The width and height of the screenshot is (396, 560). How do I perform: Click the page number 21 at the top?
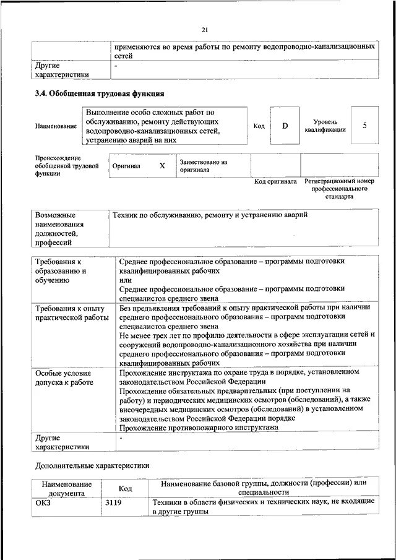(x=205, y=30)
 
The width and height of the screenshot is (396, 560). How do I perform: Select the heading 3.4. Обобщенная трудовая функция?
(x=99, y=94)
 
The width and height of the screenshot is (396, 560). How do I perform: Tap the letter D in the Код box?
(x=285, y=126)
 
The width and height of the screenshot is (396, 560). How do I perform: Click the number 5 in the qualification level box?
(x=364, y=126)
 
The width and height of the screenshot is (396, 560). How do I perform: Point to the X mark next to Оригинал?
(x=162, y=166)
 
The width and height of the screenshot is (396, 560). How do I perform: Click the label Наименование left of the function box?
(x=56, y=126)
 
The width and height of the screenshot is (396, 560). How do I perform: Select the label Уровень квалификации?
(x=325, y=126)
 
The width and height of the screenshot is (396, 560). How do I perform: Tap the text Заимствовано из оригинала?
(x=204, y=165)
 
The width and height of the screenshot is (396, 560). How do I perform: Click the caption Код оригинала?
(x=276, y=182)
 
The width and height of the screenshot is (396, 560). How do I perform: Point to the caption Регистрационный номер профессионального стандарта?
(x=339, y=189)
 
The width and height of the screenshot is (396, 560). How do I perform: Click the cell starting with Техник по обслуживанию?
(x=210, y=215)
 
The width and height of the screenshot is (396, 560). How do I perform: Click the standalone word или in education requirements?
(x=126, y=280)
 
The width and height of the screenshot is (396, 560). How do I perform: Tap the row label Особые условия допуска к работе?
(x=64, y=378)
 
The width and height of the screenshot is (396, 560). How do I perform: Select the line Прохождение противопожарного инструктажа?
(x=198, y=428)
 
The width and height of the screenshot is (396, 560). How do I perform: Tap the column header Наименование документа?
(x=67, y=489)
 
